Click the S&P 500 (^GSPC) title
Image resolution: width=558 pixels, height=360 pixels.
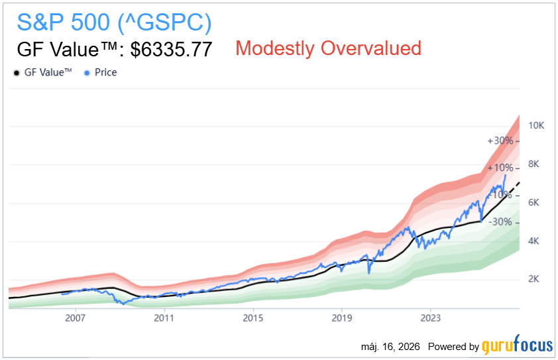(114, 23)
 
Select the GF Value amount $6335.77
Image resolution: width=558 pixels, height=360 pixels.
(171, 49)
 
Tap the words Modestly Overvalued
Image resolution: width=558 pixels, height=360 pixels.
(329, 48)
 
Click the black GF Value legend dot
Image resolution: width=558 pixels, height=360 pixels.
(17, 73)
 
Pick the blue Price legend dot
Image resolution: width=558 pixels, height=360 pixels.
(87, 73)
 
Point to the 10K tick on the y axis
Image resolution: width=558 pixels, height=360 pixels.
(536, 125)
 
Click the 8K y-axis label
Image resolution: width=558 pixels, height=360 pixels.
(533, 164)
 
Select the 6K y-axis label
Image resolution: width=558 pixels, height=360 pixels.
(533, 203)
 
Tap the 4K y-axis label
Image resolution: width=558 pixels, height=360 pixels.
(533, 241)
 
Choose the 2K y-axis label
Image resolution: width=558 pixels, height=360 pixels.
(533, 279)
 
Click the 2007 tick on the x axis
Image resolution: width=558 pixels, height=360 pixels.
(75, 318)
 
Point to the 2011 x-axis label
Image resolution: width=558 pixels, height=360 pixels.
(164, 318)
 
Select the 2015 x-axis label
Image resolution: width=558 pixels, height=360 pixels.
(253, 318)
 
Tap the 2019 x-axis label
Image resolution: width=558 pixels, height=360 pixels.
(342, 318)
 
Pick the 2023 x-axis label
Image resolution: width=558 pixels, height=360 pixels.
(431, 318)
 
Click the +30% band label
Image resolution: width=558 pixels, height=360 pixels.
(500, 141)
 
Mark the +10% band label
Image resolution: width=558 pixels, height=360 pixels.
(500, 168)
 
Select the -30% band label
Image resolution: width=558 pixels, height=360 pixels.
(501, 222)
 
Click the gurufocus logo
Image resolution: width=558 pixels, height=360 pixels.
(518, 345)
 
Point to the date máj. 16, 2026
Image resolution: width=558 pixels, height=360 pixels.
(390, 347)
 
